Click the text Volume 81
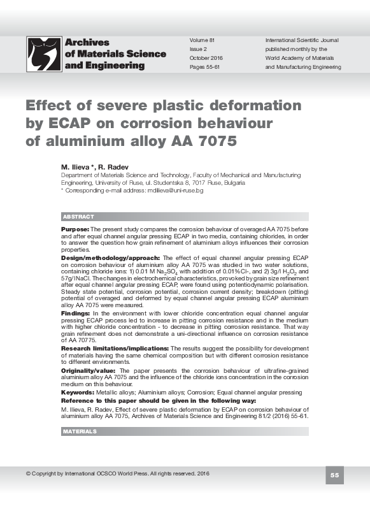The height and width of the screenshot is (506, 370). (x=202, y=40)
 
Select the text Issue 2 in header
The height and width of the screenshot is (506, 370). (x=198, y=49)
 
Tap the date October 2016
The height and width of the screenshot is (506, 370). (x=206, y=58)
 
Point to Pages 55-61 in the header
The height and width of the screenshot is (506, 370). (x=204, y=67)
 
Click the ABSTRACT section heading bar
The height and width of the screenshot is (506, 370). (x=185, y=217)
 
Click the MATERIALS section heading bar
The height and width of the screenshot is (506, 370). (x=185, y=431)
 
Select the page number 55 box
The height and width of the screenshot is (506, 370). (x=335, y=475)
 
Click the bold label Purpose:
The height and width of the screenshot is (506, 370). (x=75, y=228)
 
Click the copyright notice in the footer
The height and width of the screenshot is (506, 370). (x=118, y=473)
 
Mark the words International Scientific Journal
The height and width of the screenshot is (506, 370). (x=302, y=40)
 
